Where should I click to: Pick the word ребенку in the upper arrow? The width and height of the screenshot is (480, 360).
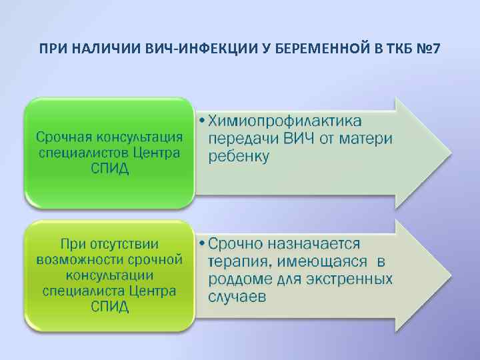[239, 157]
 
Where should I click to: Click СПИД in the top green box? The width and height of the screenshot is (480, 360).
[109, 169]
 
